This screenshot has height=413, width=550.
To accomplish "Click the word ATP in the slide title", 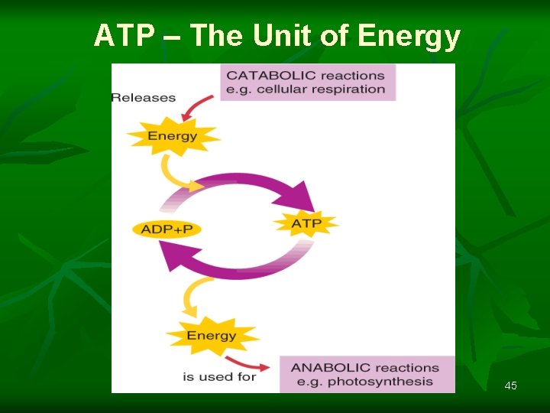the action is click(x=125, y=36).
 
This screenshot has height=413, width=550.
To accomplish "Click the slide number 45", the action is click(x=510, y=385).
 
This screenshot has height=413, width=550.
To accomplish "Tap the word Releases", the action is click(x=144, y=97).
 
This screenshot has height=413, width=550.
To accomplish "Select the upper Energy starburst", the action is click(x=173, y=136).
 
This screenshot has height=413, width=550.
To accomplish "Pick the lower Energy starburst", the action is click(x=212, y=335).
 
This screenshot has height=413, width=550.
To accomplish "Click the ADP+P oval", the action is click(x=167, y=229).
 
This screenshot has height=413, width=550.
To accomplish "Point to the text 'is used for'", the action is click(x=219, y=376).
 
